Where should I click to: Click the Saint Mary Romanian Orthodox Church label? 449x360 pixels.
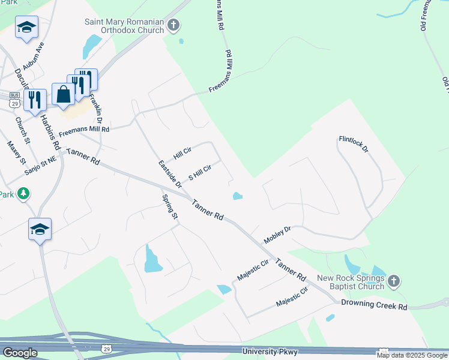click(124, 26)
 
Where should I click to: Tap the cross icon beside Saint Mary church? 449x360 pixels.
click(173, 25)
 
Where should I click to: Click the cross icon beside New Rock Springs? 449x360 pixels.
click(393, 280)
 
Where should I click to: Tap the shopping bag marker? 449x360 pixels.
click(64, 94)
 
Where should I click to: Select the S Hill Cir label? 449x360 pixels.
click(200, 173)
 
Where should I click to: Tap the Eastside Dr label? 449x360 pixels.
click(170, 173)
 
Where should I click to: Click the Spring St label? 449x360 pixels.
click(170, 206)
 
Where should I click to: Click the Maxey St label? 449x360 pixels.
click(16, 152)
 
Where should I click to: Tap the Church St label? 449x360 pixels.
click(23, 131)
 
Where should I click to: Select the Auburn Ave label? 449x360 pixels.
click(34, 55)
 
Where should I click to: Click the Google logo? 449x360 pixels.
click(20, 353)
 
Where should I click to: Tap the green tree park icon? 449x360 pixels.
click(23, 193)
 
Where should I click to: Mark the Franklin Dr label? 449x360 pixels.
click(95, 107)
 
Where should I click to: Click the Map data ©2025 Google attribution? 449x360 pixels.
click(412, 355)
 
